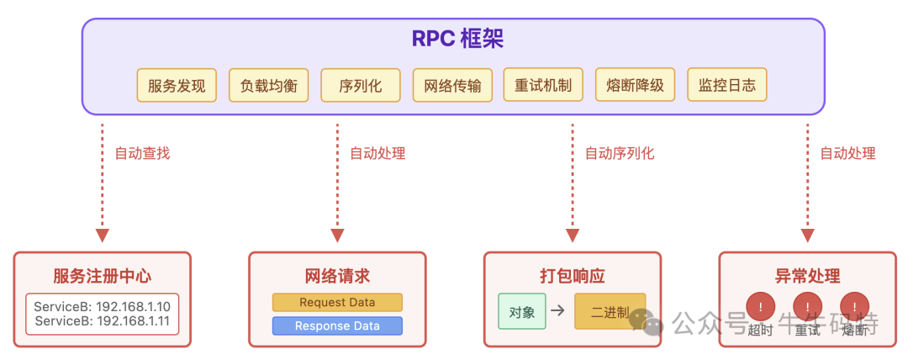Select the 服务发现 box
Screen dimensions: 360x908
[177, 85]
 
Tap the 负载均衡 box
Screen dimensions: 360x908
[269, 85]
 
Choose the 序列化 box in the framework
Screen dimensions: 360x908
[361, 85]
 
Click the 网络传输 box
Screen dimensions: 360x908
[452, 85]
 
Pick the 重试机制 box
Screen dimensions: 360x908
[543, 85]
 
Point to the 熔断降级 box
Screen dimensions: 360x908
[635, 85]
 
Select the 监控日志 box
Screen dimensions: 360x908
[727, 85]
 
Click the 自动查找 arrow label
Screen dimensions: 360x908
[142, 154]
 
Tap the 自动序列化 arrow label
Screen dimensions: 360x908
[619, 154]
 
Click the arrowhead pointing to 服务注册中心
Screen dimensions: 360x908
[103, 235]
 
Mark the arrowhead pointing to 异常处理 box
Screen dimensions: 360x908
[808, 235]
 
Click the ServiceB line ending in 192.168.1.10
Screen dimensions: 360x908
[103, 307]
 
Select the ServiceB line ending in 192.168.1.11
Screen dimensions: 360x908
[103, 321]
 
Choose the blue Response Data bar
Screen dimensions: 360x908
[337, 326]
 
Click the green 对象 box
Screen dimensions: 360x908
[522, 311]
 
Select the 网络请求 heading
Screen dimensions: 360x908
[337, 277]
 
